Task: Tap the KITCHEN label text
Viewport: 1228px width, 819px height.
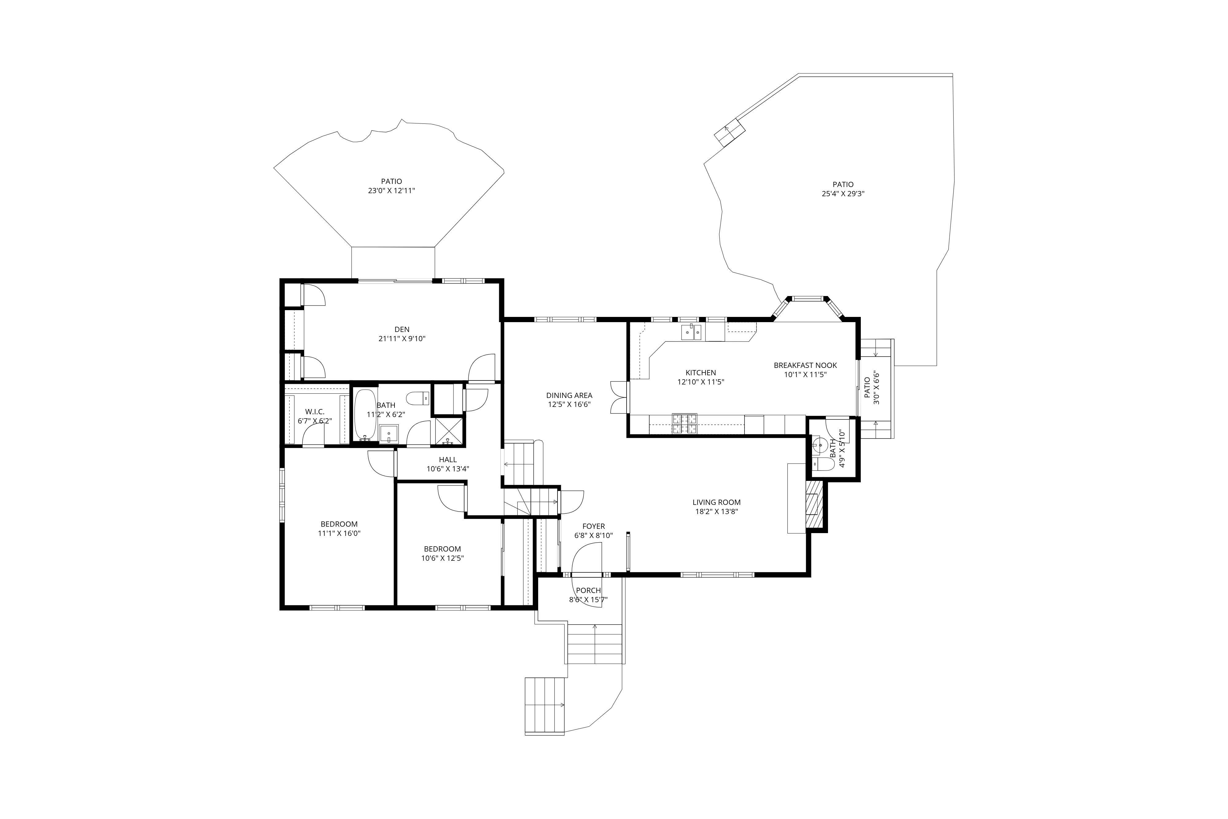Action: pos(701,372)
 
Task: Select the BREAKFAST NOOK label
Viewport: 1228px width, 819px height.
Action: pos(805,365)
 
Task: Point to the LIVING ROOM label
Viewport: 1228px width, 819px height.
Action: pos(716,502)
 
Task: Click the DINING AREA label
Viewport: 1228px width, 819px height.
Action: pos(569,395)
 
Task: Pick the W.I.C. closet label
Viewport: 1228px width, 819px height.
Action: pos(315,411)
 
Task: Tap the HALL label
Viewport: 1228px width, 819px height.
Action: pos(448,460)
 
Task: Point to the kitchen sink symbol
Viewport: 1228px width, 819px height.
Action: pos(691,332)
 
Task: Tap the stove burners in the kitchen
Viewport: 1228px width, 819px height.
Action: pos(685,423)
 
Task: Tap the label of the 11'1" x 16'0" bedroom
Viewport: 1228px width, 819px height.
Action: pos(339,524)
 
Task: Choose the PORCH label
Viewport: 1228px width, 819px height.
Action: pos(589,590)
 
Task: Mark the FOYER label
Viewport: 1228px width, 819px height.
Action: pos(594,526)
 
